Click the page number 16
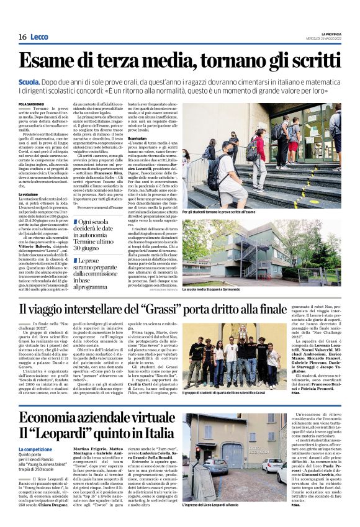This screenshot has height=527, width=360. point(22,37)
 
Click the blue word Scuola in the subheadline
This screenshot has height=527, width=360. point(30,81)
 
